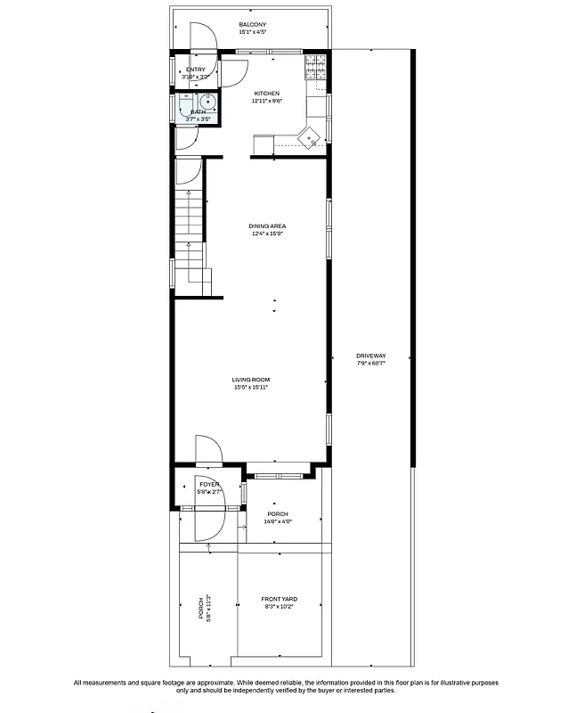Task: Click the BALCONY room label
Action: pos(253,24)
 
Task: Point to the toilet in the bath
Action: pos(185,106)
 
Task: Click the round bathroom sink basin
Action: pos(204,102)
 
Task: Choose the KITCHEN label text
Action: pos(267,94)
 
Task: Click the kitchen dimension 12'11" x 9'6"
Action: pos(267,101)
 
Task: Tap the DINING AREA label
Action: pos(267,226)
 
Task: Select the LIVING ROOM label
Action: pos(250,380)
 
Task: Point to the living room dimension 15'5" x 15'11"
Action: pos(250,388)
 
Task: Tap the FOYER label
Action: pos(209,484)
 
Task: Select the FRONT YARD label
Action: pos(279,599)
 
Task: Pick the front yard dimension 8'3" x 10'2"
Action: pos(279,606)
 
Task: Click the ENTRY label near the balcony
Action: pos(195,70)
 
